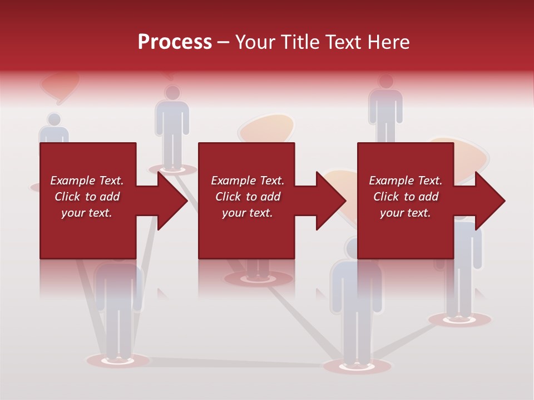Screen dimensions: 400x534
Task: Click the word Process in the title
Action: [175, 42]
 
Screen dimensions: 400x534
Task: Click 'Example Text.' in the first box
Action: [87, 181]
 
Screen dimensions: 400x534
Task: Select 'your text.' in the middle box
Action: [247, 213]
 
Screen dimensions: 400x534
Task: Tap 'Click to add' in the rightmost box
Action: [406, 197]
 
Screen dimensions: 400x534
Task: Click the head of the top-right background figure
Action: [385, 82]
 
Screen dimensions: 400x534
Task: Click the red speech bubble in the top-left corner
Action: [59, 86]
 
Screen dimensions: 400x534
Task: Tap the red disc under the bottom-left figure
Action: [118, 360]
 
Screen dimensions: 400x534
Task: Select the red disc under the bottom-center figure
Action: [357, 366]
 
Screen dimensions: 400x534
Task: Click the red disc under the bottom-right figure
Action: [460, 319]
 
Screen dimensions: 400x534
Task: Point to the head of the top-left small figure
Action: [54, 119]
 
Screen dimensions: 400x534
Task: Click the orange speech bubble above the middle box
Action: [266, 128]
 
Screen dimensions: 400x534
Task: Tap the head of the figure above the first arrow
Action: [172, 93]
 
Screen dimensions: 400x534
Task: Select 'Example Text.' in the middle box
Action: [247, 181]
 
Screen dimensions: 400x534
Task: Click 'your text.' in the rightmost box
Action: [406, 213]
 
